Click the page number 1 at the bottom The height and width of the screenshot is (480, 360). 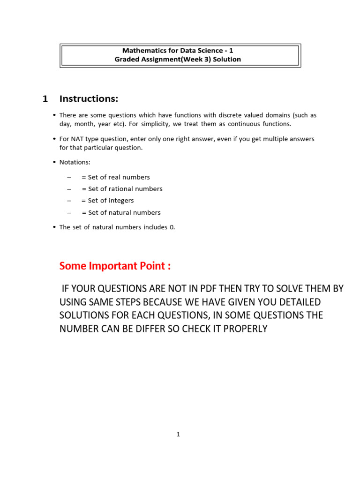point(178,435)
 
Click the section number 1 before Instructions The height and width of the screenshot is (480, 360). point(45,98)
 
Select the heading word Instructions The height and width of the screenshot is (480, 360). point(89,98)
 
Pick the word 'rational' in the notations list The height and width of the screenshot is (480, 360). point(124,189)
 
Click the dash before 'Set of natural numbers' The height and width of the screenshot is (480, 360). point(69,213)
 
